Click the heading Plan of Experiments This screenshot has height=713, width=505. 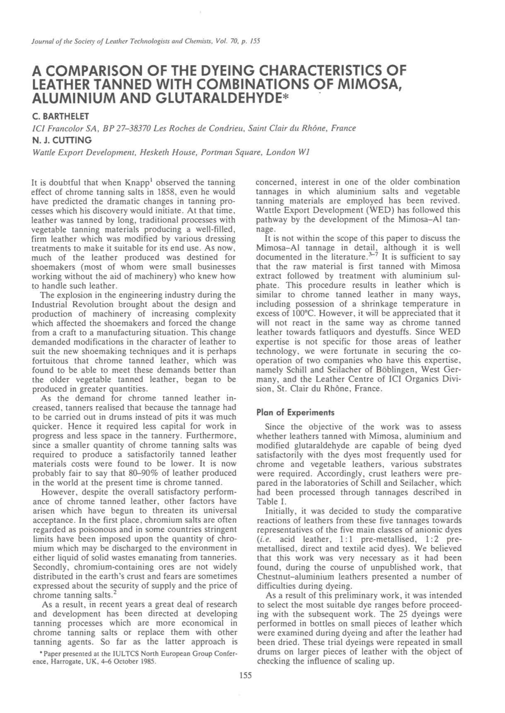pyautogui.click(x=295, y=412)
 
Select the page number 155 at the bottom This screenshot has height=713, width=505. pyautogui.click(x=245, y=676)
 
